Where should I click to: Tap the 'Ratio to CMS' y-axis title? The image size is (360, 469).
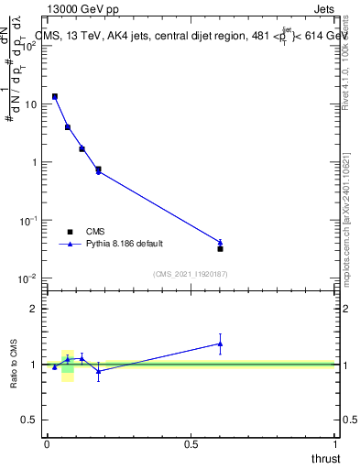coord(16,365)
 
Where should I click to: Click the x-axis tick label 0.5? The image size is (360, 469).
coord(191,444)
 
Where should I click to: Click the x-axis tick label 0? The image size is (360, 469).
coord(47,444)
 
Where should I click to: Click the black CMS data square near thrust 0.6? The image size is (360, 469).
coord(220,248)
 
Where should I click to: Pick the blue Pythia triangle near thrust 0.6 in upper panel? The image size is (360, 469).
coord(220,242)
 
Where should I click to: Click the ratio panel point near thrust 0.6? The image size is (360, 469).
coord(220,344)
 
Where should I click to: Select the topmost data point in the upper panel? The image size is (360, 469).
coord(55,96)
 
